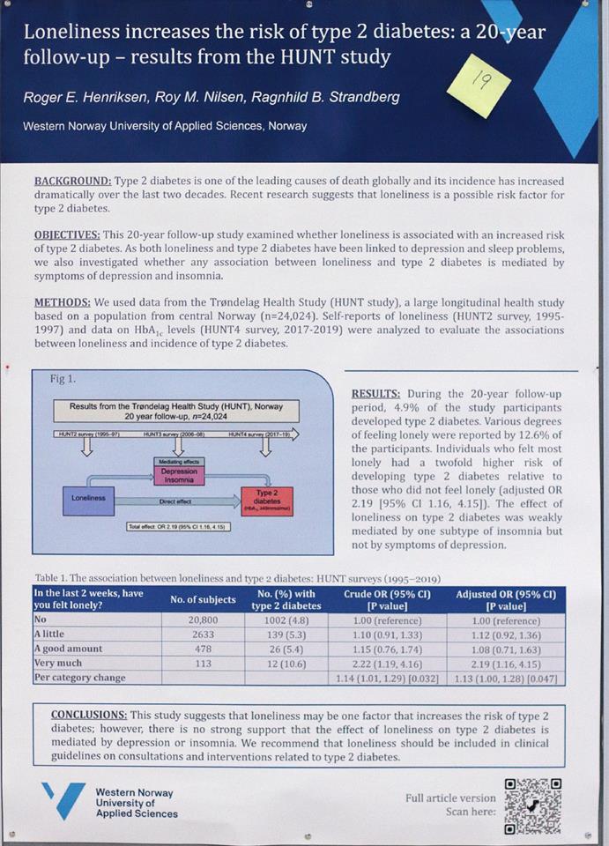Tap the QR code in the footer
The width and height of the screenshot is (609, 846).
pos(532,805)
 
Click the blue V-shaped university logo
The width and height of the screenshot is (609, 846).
pos(63,799)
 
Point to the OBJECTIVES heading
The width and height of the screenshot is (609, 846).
pos(67,235)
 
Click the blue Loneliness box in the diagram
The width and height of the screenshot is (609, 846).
pos(88,498)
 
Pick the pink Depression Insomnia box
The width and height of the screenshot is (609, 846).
pos(179,476)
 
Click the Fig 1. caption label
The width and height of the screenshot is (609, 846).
pos(63,379)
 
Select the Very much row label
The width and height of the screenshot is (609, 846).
pos(57,664)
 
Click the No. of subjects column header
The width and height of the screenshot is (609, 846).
pos(203,599)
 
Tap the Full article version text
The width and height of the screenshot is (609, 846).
pos(449,798)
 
